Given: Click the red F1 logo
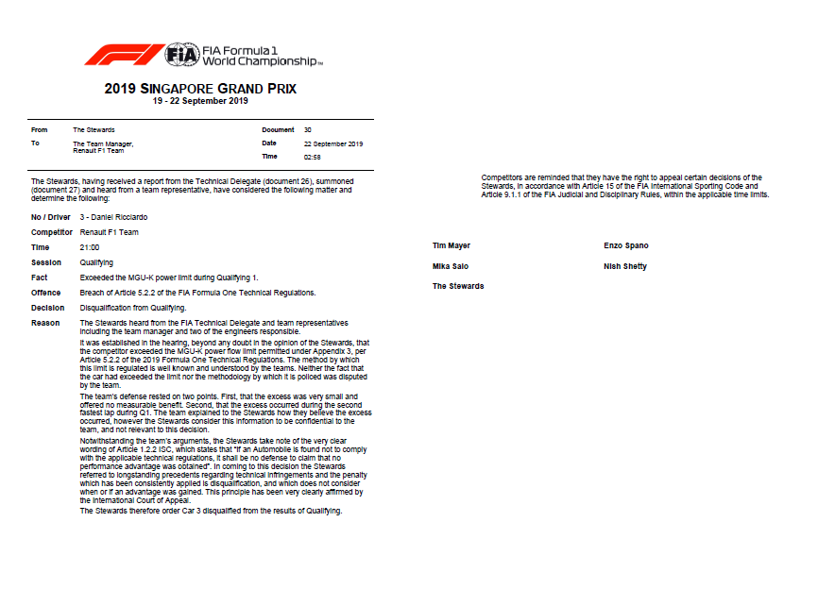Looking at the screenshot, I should [x=123, y=55].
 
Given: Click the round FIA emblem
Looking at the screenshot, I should [x=182, y=55].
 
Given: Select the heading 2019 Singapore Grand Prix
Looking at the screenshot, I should [x=200, y=89].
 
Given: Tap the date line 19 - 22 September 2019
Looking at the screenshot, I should [x=200, y=101].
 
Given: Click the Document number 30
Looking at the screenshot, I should [x=308, y=129].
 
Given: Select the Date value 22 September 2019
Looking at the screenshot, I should [x=333, y=143].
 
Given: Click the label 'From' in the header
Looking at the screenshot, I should [x=39, y=129].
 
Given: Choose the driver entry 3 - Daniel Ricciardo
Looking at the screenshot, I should [x=114, y=217].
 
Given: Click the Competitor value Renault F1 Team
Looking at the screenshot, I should [x=110, y=232].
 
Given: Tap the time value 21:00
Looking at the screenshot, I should [x=89, y=247].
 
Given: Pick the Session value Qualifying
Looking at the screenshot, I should [x=96, y=262].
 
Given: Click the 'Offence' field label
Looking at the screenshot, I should [x=46, y=293].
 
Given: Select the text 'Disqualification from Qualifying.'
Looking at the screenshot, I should [x=133, y=308].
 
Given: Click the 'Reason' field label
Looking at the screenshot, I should [x=45, y=323].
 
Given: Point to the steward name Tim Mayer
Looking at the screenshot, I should [x=452, y=246].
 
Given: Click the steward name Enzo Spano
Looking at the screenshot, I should [x=626, y=246].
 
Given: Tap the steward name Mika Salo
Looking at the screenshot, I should [x=451, y=267].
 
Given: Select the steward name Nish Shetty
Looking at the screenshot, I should [x=625, y=267].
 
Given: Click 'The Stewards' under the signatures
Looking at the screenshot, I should [x=458, y=286].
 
